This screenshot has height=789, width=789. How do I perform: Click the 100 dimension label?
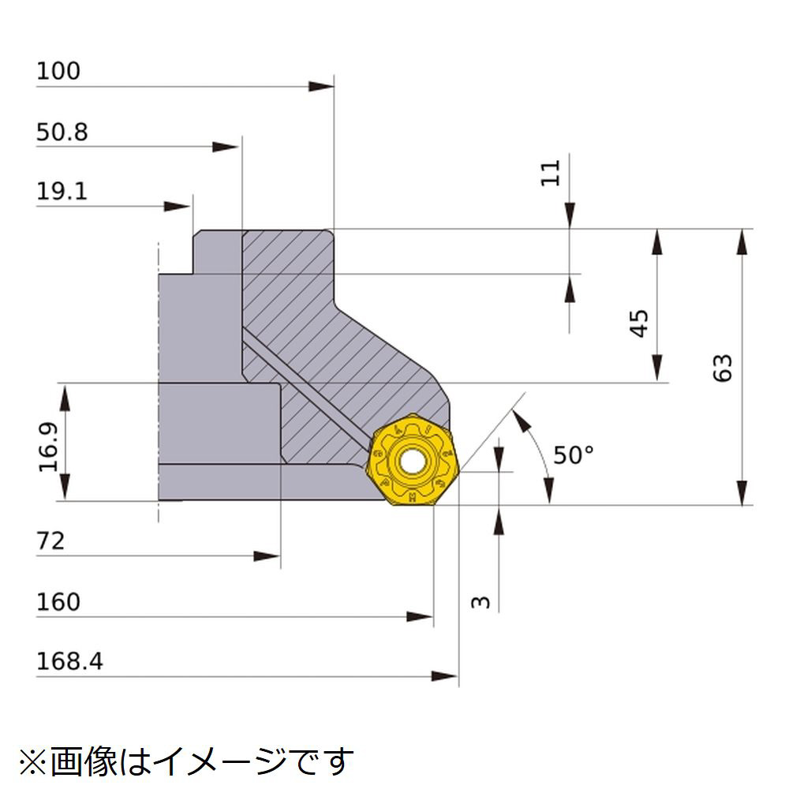click(58, 71)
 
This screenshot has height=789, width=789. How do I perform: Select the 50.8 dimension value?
click(62, 132)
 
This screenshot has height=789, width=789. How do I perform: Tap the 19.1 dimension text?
click(62, 191)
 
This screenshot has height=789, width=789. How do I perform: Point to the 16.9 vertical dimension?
click(49, 447)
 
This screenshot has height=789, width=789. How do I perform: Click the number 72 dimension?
click(50, 541)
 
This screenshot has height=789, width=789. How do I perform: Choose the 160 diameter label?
click(58, 602)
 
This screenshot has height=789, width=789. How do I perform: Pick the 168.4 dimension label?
click(69, 661)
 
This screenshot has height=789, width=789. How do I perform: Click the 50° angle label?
click(574, 455)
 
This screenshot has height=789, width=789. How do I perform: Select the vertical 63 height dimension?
click(723, 368)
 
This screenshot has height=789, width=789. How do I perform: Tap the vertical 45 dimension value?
click(639, 323)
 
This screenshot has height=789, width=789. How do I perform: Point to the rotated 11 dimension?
click(550, 173)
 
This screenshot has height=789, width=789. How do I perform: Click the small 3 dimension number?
click(481, 602)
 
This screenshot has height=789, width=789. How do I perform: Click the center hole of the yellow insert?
click(413, 462)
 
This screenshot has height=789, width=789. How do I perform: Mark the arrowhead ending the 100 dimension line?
click(321, 87)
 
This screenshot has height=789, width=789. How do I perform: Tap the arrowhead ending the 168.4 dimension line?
click(445, 676)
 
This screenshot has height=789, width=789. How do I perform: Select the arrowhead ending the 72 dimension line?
click(267, 556)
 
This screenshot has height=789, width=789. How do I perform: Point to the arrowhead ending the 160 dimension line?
click(420, 616)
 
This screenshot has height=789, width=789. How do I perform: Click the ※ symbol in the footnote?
click(33, 762)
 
